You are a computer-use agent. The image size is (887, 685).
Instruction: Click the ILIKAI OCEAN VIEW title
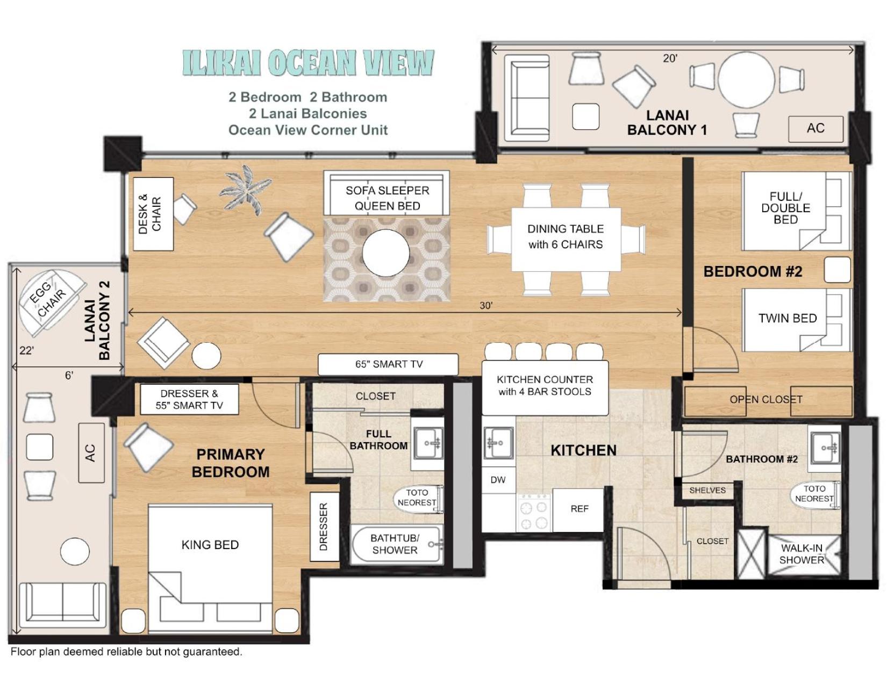pyautogui.click(x=308, y=63)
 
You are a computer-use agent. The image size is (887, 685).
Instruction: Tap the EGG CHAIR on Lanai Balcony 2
pyautogui.click(x=52, y=302)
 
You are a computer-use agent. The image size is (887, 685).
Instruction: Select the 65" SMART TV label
pyautogui.click(x=389, y=364)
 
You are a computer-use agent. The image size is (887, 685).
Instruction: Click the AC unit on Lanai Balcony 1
pyautogui.click(x=815, y=128)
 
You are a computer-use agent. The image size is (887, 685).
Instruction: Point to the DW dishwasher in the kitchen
pyautogui.click(x=498, y=480)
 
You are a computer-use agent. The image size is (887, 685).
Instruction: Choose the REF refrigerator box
pyautogui.click(x=578, y=509)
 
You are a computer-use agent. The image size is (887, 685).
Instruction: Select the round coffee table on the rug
pyautogui.click(x=386, y=254)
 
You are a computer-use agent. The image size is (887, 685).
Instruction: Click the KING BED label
pyautogui.click(x=210, y=545)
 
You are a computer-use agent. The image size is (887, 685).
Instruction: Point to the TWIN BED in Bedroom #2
pyautogui.click(x=796, y=320)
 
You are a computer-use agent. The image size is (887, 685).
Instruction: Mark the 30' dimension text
pyautogui.click(x=486, y=306)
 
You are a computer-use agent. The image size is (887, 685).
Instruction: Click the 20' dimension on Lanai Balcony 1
pyautogui.click(x=670, y=59)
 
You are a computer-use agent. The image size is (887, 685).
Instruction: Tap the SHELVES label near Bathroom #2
pyautogui.click(x=707, y=490)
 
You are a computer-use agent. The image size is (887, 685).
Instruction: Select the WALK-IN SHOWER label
pyautogui.click(x=802, y=553)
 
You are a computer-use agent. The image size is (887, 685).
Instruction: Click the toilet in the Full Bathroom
pyautogui.click(x=418, y=498)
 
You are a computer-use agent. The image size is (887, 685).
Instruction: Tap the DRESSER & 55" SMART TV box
pyautogui.click(x=189, y=399)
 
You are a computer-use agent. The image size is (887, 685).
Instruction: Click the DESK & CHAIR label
pyautogui.click(x=149, y=214)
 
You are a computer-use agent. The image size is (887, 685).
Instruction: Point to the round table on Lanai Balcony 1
pyautogui.click(x=746, y=80)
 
